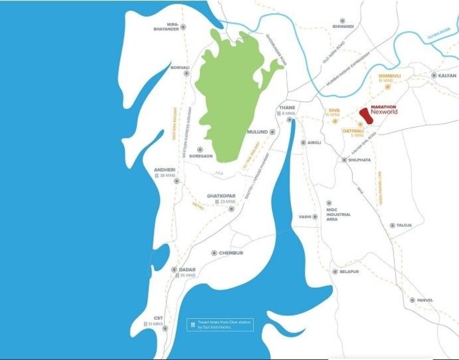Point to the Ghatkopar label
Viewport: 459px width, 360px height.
[217, 198]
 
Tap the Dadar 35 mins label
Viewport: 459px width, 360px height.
[186, 272]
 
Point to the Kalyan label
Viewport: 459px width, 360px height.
[447, 75]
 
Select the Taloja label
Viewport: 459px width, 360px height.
[404, 225]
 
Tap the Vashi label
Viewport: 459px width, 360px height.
[305, 216]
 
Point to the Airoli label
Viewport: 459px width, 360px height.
[314, 143]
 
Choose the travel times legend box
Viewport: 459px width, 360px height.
[219, 325]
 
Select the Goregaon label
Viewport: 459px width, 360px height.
[201, 156]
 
